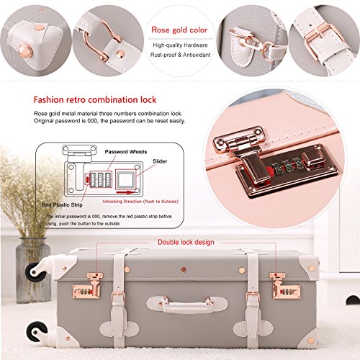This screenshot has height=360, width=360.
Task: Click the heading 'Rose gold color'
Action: (x=179, y=30)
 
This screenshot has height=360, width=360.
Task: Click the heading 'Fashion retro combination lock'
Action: (x=95, y=99)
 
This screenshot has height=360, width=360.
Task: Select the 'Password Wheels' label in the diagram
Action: (x=126, y=152)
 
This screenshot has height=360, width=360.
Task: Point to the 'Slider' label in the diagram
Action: (x=160, y=161)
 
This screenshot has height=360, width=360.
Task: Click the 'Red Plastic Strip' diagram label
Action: (x=62, y=204)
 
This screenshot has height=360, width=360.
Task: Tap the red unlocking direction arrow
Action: (x=125, y=192)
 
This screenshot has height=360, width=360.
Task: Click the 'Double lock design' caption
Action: (x=186, y=242)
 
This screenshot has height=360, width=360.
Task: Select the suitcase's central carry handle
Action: (x=187, y=305)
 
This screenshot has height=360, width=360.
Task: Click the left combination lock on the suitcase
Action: (x=86, y=286)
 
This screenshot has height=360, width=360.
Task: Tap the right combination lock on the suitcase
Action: (x=285, y=286)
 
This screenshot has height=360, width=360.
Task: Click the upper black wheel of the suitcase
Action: (x=35, y=271)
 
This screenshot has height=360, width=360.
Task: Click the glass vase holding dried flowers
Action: (x=33, y=270)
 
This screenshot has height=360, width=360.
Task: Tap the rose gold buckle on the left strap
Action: (x=118, y=296)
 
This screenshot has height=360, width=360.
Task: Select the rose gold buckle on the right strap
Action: (x=253, y=296)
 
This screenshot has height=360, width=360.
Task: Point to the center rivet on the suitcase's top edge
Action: (x=184, y=269)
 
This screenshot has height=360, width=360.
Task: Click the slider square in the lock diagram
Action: (x=125, y=179)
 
